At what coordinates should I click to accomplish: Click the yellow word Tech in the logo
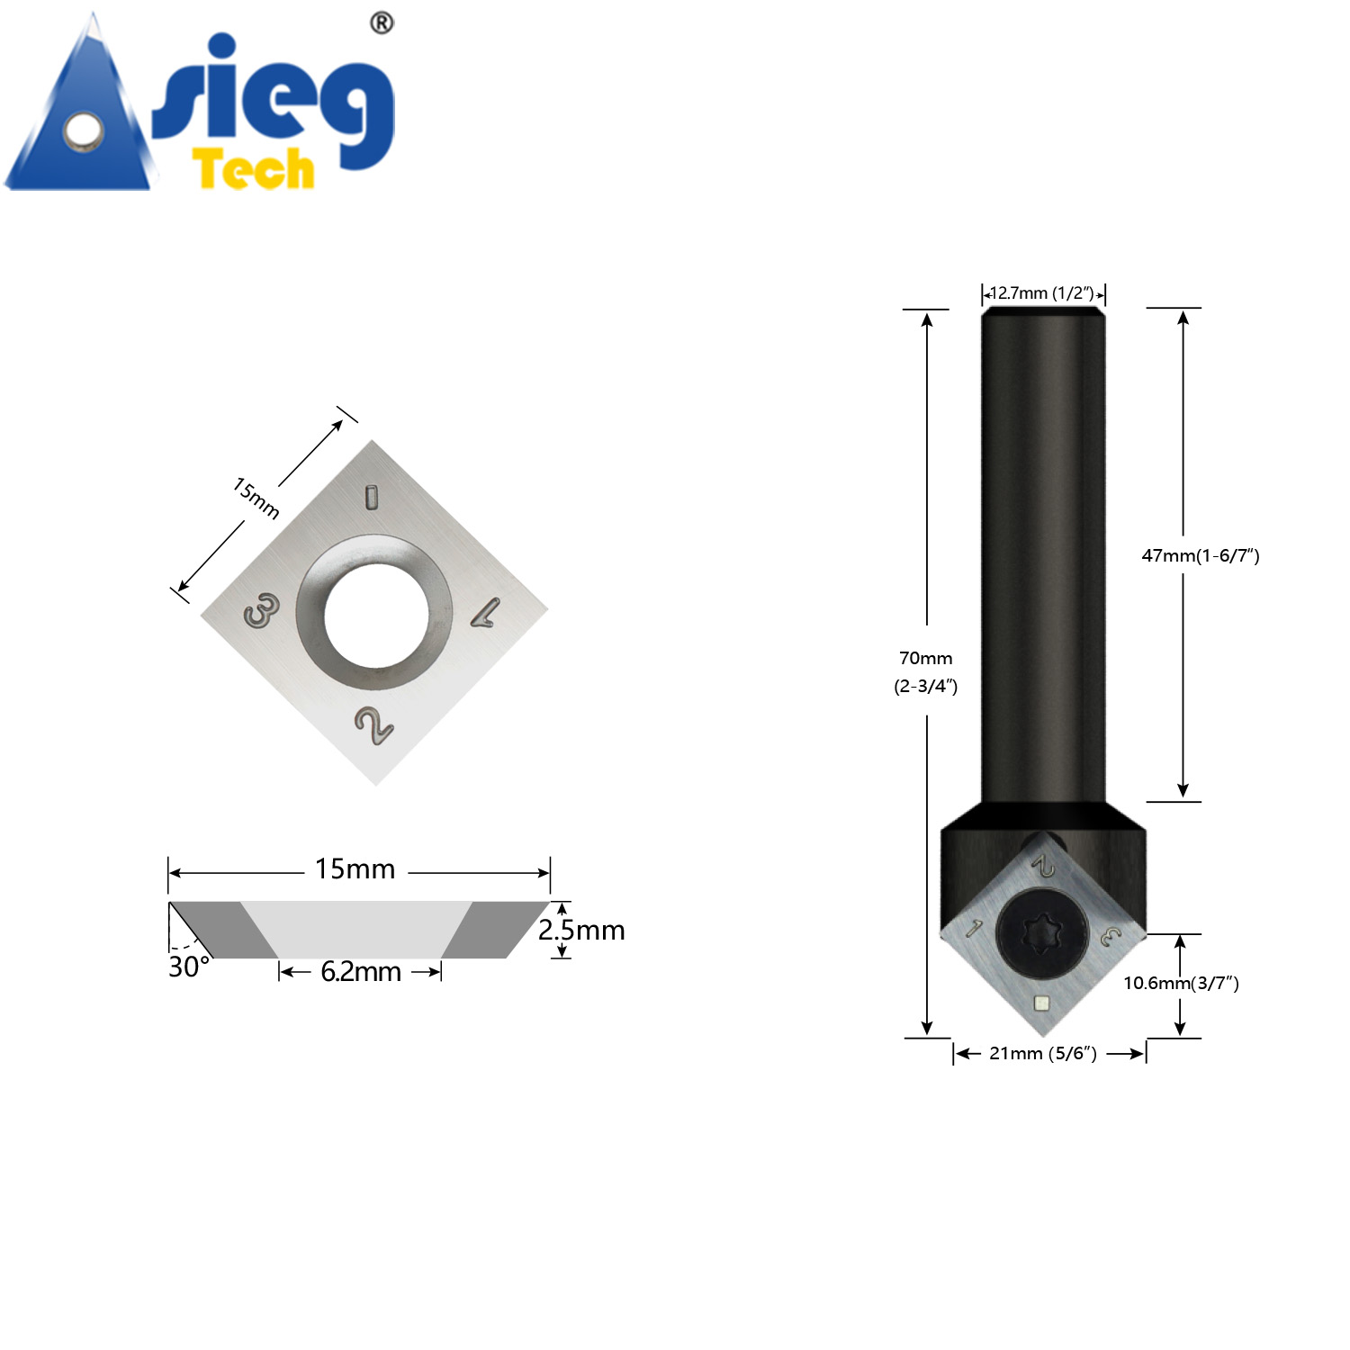pyautogui.click(x=254, y=170)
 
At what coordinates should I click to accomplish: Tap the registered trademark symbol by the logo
pyautogui.click(x=382, y=23)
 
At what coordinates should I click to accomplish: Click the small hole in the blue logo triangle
pyautogui.click(x=84, y=131)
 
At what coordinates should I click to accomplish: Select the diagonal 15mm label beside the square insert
pyautogui.click(x=256, y=498)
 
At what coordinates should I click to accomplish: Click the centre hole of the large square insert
pyautogui.click(x=376, y=614)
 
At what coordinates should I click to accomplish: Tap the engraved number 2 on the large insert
pyautogui.click(x=373, y=725)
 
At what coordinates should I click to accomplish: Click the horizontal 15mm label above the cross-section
pyautogui.click(x=355, y=869)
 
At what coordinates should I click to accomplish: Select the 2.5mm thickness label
pyautogui.click(x=581, y=930)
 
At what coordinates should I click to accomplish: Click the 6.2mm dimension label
pyautogui.click(x=360, y=972)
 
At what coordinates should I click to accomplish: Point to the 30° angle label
pyautogui.click(x=189, y=967)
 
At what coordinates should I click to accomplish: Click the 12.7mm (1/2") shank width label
pyautogui.click(x=1042, y=293)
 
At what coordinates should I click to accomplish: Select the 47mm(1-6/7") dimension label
pyautogui.click(x=1200, y=555)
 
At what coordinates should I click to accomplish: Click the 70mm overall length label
pyautogui.click(x=925, y=658)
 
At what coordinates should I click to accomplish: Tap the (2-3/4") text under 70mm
pyautogui.click(x=925, y=686)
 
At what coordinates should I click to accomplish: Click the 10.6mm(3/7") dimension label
pyautogui.click(x=1181, y=983)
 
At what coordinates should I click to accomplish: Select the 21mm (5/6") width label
pyautogui.click(x=1042, y=1053)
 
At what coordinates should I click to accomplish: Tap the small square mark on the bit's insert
pyautogui.click(x=1041, y=1003)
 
